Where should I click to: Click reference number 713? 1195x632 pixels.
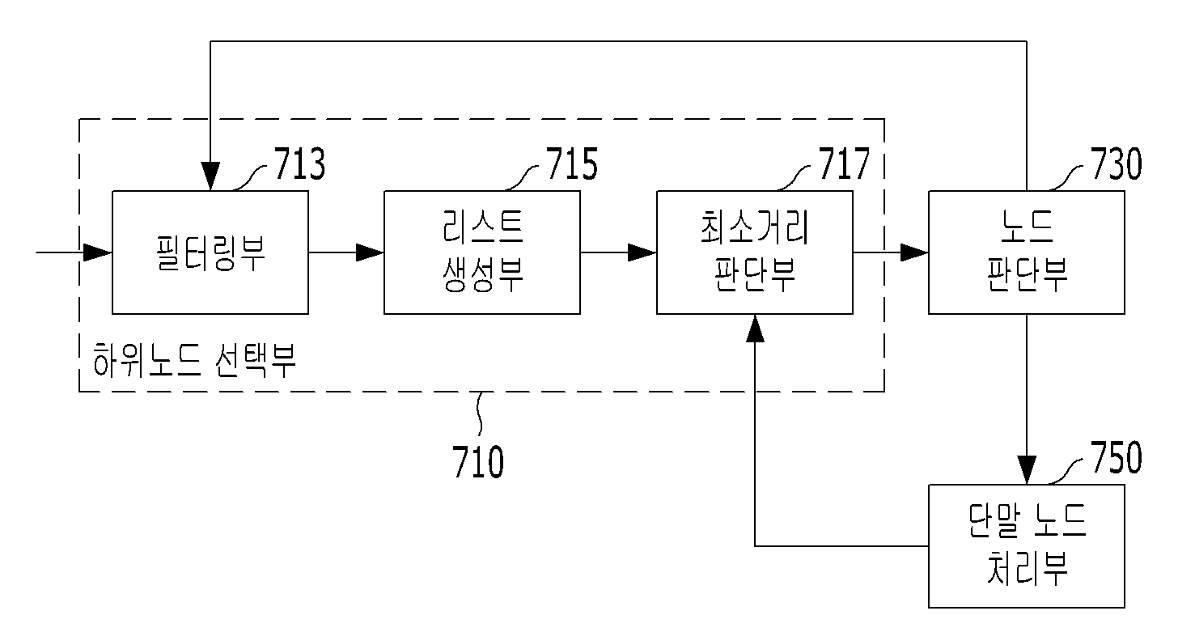point(300,163)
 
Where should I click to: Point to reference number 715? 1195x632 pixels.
point(572,163)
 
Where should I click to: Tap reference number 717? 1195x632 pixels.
point(844,163)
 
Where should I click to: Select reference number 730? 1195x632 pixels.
point(1116,163)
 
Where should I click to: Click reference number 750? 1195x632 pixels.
point(1116,457)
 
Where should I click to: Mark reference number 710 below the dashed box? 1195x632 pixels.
point(478,462)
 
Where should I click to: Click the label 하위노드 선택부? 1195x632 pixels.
point(194,360)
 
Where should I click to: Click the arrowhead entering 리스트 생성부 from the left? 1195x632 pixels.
point(370,252)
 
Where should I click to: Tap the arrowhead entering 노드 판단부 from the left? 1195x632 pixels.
point(914,252)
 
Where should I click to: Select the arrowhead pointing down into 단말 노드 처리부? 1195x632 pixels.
point(1027,469)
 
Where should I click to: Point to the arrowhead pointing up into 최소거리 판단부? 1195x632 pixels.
point(755,329)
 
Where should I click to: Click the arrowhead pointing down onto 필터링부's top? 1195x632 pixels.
point(210,176)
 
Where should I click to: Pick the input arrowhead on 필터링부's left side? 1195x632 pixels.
point(98,252)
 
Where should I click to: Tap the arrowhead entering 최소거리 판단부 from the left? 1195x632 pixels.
point(642,252)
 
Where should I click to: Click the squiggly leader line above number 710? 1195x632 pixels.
point(480,414)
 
